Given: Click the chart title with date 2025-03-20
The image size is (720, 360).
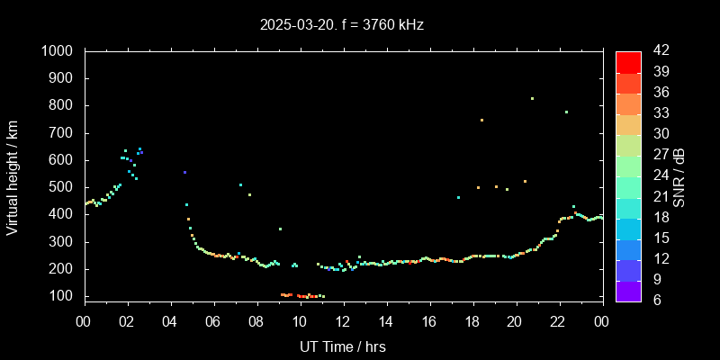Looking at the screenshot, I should coord(341,25).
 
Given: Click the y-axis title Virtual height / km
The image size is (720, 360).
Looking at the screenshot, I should coord(13,177).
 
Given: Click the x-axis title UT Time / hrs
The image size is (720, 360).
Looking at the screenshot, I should coord(343,346).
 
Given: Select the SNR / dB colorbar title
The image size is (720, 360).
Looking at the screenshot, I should coord(679,176).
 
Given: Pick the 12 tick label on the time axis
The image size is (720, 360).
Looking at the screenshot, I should coord(343,320).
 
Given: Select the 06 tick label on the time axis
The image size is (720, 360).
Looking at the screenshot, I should coord(213,320).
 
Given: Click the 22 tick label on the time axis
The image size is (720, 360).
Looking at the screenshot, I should coord(559,320).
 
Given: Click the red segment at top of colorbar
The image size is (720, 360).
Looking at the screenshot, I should coord(628,61).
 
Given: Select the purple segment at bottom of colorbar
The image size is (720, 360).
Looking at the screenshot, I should coord(628,289).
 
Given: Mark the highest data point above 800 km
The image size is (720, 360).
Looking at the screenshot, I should coord(532,98).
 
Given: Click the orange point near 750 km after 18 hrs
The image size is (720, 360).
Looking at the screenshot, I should coord(481,120).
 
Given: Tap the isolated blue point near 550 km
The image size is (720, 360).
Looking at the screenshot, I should coord(184,172).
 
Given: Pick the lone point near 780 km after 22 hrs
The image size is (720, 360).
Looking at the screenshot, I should coord(566,112).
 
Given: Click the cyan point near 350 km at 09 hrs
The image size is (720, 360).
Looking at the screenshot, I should coord(280,229).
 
